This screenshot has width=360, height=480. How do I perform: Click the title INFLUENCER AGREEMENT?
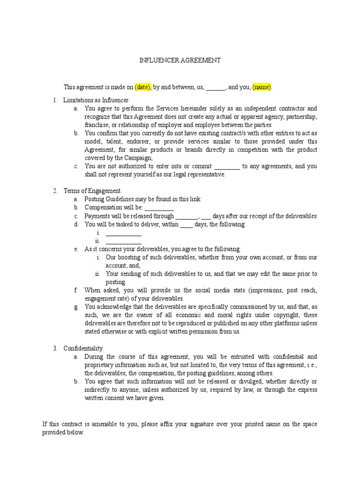180,61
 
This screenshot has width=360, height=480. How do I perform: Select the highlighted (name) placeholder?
262,87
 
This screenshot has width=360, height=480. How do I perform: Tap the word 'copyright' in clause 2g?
277,315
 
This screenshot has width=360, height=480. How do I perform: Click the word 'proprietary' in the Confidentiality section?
100,365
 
